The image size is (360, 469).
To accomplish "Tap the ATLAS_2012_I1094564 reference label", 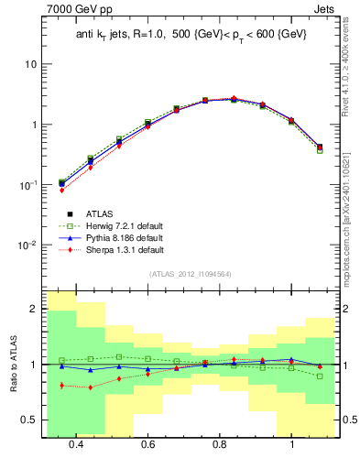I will click(x=190, y=273).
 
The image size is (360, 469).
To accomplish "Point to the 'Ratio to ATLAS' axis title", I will click(x=12, y=364).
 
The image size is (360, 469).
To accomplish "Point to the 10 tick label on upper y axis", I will click(x=30, y=65).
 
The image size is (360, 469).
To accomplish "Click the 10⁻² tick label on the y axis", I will click(x=27, y=245).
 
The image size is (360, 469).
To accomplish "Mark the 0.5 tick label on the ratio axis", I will click(x=28, y=420).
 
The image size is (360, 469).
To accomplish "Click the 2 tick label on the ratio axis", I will click(x=33, y=310).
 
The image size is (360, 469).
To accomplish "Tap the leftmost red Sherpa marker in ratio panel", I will click(x=61, y=386).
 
